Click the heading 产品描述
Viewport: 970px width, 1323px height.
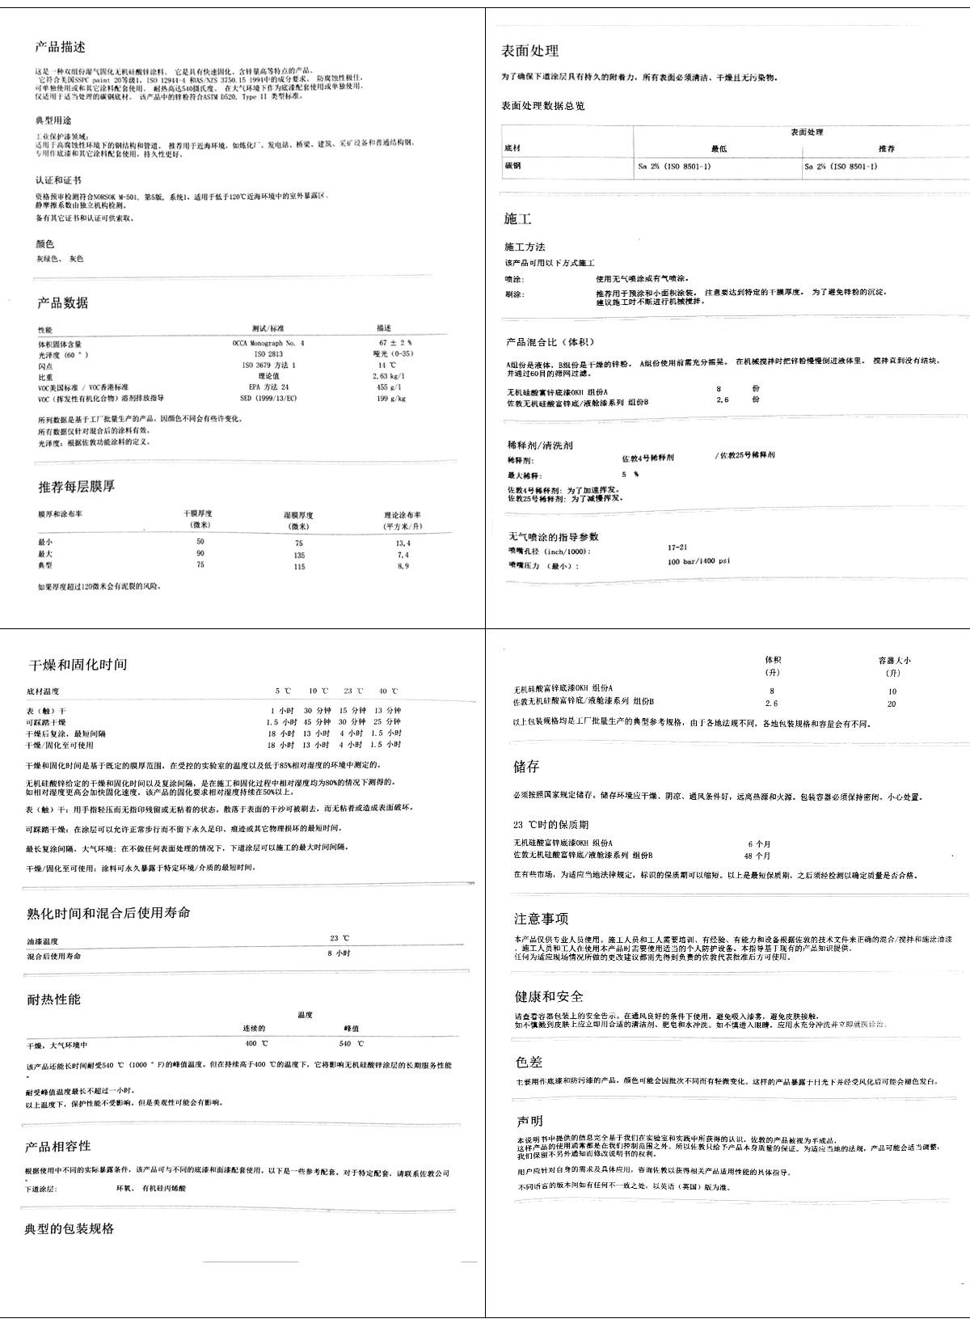click(x=61, y=47)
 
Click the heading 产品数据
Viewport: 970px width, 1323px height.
click(x=62, y=303)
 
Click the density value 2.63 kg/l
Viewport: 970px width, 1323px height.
click(x=388, y=376)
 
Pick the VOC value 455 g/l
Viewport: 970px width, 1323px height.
click(x=389, y=387)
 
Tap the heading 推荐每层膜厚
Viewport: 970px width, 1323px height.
click(x=77, y=487)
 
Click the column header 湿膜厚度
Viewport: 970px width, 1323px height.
click(x=298, y=515)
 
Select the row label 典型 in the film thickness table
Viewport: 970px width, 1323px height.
click(x=45, y=566)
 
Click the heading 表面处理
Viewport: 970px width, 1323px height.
click(x=529, y=51)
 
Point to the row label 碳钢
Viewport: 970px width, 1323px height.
click(x=512, y=167)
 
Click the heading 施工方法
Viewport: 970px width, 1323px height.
click(x=525, y=247)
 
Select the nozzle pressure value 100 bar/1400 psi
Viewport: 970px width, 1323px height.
click(x=698, y=561)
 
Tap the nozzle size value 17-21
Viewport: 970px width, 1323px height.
click(x=677, y=547)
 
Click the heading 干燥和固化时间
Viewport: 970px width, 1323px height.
click(x=77, y=665)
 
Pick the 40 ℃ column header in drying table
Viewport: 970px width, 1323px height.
click(x=388, y=691)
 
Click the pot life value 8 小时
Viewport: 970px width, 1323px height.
click(x=339, y=953)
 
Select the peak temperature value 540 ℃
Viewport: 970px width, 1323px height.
click(x=351, y=1044)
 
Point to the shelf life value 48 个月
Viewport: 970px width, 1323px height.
click(x=757, y=856)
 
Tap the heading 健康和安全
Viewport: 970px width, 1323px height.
click(x=548, y=996)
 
